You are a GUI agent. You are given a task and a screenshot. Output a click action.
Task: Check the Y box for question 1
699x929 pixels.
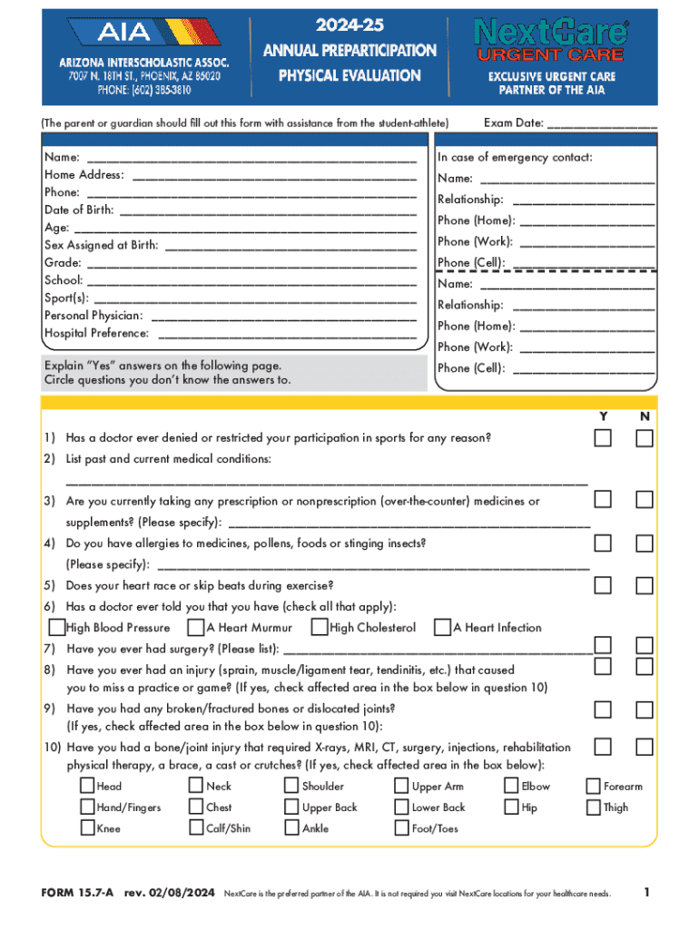tap(603, 439)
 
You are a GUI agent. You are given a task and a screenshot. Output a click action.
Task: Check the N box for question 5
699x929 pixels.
tap(645, 585)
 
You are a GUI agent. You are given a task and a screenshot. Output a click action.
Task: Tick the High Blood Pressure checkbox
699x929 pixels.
tap(57, 627)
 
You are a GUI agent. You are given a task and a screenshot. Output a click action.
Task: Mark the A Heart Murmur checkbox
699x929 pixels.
tap(195, 627)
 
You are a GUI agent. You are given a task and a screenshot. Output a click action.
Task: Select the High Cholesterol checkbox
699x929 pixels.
tap(320, 627)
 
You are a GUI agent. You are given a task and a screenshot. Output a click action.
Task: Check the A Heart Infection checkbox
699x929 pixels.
tap(442, 627)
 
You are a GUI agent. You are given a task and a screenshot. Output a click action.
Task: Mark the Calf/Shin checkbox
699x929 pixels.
tap(196, 827)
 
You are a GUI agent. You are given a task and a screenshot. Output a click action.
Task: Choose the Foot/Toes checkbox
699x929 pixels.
tap(401, 827)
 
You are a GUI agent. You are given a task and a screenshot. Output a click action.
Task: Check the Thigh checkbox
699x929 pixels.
tap(593, 807)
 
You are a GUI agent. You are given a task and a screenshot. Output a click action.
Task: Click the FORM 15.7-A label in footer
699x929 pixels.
tap(77, 894)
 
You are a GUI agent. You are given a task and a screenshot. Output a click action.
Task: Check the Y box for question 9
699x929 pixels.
tap(603, 709)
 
